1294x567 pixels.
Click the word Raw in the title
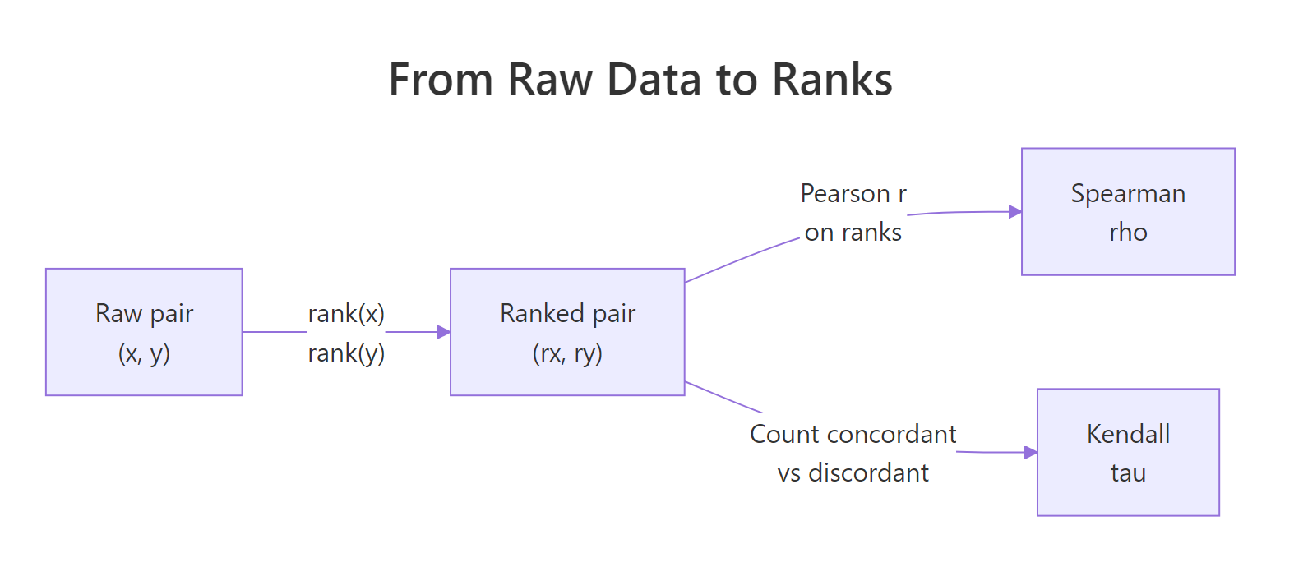coord(550,80)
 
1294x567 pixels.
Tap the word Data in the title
coord(654,80)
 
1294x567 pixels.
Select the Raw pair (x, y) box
coord(144,332)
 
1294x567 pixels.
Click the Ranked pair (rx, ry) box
coord(567,332)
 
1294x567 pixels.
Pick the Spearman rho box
coord(1128,211)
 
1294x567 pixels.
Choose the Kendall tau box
coord(1128,452)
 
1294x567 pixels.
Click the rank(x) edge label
coord(346,313)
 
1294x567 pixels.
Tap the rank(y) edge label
coord(346,353)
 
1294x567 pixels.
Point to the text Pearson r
coord(853,193)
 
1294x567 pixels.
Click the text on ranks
coord(853,233)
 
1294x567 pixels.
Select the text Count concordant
coord(853,434)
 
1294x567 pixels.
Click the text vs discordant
coord(853,472)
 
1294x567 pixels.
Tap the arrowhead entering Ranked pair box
coord(444,332)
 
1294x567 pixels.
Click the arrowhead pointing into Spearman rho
coord(1015,211)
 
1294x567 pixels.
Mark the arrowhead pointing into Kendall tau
coord(1031,452)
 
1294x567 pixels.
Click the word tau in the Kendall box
coord(1128,473)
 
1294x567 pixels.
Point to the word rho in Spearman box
coord(1128,233)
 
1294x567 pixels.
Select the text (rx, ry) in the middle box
coord(567,353)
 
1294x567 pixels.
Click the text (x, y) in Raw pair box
coord(144,353)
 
